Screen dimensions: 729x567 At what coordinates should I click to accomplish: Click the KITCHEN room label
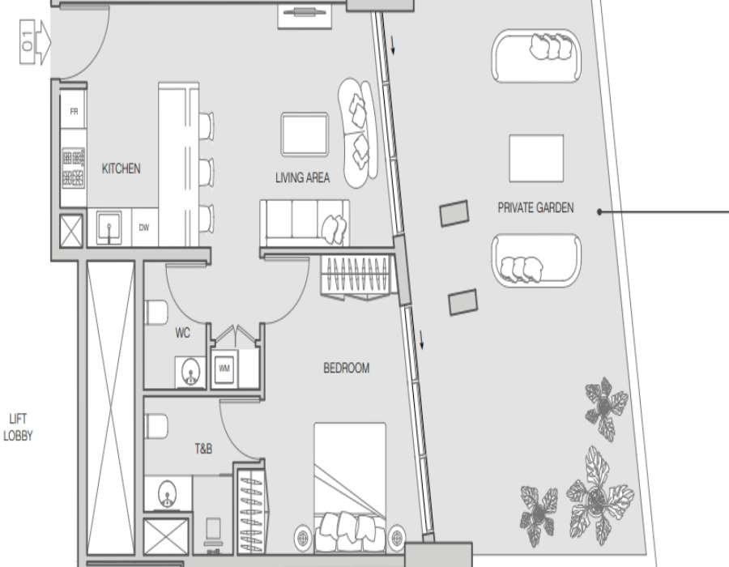coord(121,168)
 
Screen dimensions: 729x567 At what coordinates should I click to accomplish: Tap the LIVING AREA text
coord(302,177)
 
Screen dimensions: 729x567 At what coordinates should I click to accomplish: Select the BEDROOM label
coord(347,368)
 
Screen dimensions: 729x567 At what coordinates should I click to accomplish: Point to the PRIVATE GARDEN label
coord(535,207)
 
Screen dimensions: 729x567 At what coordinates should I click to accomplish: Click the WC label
coord(183,333)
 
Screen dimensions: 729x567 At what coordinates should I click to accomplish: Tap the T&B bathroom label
coord(203,449)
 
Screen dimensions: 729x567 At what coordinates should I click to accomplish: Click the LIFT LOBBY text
coord(18,427)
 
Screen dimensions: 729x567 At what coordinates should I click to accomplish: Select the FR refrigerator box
coord(74,110)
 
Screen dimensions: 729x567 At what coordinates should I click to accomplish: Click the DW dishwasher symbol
coord(145,228)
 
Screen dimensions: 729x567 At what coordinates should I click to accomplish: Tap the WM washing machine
coord(224,369)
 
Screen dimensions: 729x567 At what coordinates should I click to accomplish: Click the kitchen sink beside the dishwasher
coord(109,228)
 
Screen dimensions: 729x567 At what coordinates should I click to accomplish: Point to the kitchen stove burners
coord(74,168)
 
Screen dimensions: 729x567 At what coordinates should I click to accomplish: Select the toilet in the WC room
coord(156,312)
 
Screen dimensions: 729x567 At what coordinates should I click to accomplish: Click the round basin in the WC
coord(190,371)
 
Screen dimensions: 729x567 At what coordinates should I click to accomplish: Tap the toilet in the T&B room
coord(156,426)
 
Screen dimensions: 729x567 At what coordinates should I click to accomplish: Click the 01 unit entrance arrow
coord(35,42)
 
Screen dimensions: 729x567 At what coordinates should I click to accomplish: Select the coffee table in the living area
coord(305,134)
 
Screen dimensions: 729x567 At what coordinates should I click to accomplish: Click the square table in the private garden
coord(536,159)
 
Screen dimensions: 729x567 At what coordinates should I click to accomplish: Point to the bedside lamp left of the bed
coord(303,538)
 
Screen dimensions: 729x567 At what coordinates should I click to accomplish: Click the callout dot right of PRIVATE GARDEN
coord(599,212)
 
